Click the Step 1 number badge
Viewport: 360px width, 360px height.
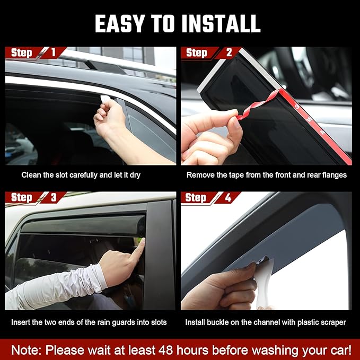[53, 52]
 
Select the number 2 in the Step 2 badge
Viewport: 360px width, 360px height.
[229, 52]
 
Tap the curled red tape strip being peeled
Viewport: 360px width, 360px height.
[258, 107]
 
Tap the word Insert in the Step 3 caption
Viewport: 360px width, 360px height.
[21, 322]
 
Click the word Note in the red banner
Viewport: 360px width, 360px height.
[27, 350]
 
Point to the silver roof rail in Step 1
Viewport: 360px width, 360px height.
[106, 60]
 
